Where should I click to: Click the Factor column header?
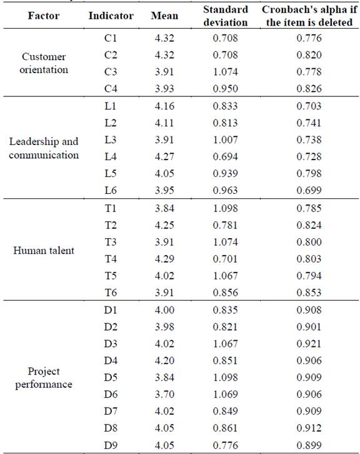pyautogui.click(x=44, y=16)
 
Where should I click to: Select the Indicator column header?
pyautogui.click(x=110, y=16)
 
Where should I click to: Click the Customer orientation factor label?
pyautogui.click(x=44, y=63)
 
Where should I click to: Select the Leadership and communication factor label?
pyautogui.click(x=44, y=148)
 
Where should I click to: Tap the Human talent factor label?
pyautogui.click(x=44, y=251)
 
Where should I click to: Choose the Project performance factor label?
pyautogui.click(x=44, y=377)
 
